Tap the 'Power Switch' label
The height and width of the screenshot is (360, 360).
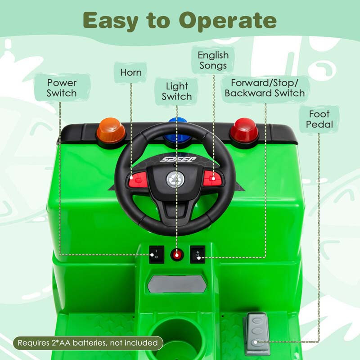tap(62, 88)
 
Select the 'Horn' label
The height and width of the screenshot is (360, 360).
tap(131, 72)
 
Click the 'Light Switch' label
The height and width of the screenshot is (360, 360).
tap(177, 91)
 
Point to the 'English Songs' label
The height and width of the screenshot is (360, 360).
tap(213, 60)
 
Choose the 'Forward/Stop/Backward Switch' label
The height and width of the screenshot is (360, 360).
tap(265, 88)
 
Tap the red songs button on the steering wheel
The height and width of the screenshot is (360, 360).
tap(211, 177)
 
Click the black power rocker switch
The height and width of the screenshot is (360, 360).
tap(154, 254)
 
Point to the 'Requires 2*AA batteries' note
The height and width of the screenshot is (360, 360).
tap(88, 343)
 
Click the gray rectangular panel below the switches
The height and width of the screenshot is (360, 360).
tap(177, 283)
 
